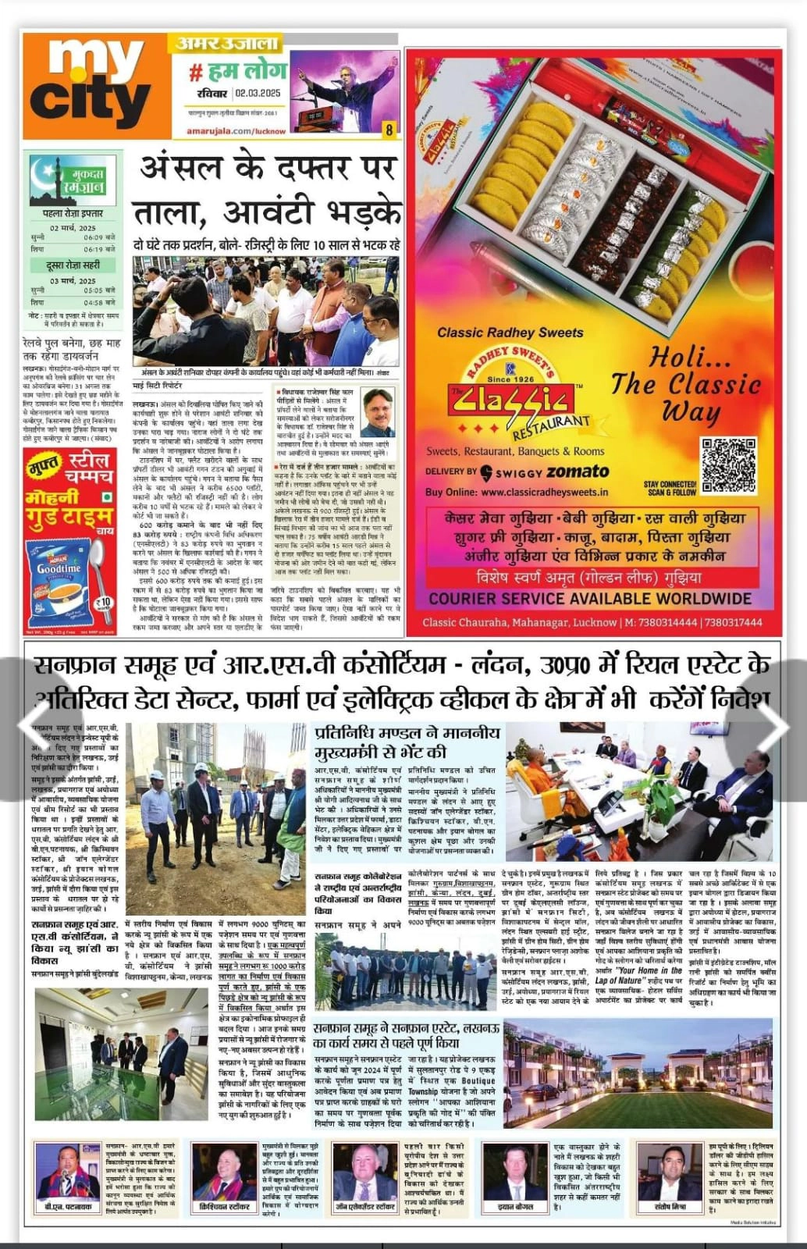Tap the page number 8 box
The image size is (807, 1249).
click(x=389, y=130)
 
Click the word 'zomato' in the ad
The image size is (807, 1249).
click(x=578, y=471)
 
